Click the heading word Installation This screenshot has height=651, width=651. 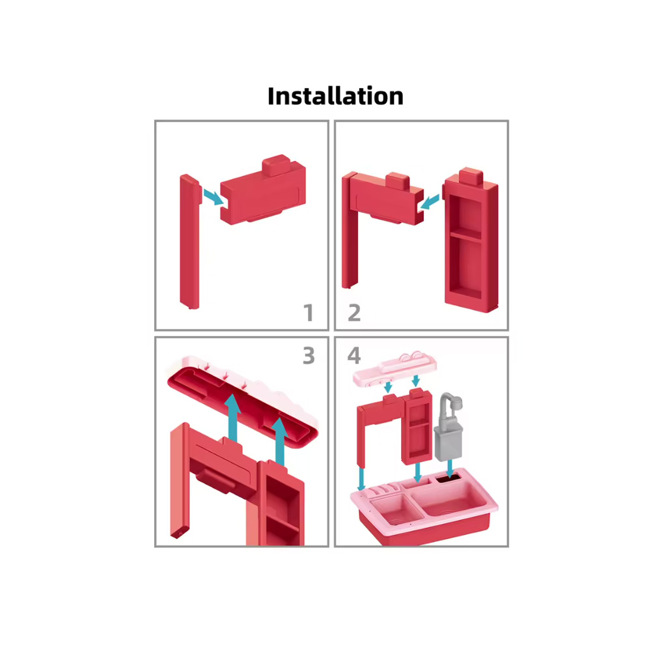335,96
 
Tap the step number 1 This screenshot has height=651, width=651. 309,313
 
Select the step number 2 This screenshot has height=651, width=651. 354,313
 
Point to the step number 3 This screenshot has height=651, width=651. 309,355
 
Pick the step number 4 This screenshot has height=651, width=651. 354,355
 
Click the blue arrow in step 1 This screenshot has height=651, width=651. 214,197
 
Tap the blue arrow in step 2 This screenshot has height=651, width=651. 429,203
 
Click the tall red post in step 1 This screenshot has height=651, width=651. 190,242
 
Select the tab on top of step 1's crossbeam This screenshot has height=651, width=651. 275,165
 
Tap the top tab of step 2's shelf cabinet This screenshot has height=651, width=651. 471,176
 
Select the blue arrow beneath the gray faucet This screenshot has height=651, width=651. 450,469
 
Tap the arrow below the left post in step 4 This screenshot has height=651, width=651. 361,479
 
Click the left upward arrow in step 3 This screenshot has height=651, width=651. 233,418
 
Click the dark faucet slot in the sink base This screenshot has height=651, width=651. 448,478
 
